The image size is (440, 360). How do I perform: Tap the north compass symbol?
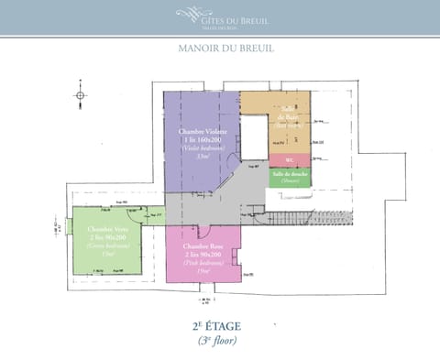click(82, 95)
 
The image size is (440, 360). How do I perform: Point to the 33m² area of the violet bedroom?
click(202, 156)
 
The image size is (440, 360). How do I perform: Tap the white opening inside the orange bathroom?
click(253, 137)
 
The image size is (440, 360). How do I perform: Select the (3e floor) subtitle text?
click(219, 340)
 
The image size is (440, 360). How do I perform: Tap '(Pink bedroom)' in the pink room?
click(203, 262)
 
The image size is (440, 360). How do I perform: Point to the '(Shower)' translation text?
click(289, 180)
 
